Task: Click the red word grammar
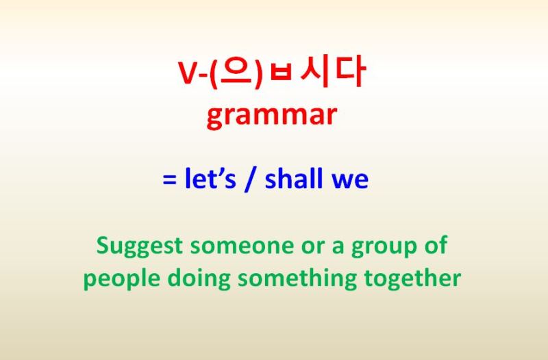coord(271,116)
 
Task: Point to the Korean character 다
coord(349,70)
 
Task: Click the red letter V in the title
coord(189,73)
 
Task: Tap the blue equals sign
coord(169,180)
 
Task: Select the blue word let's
coord(210,179)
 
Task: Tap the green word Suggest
coord(140,246)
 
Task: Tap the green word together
coord(412,279)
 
